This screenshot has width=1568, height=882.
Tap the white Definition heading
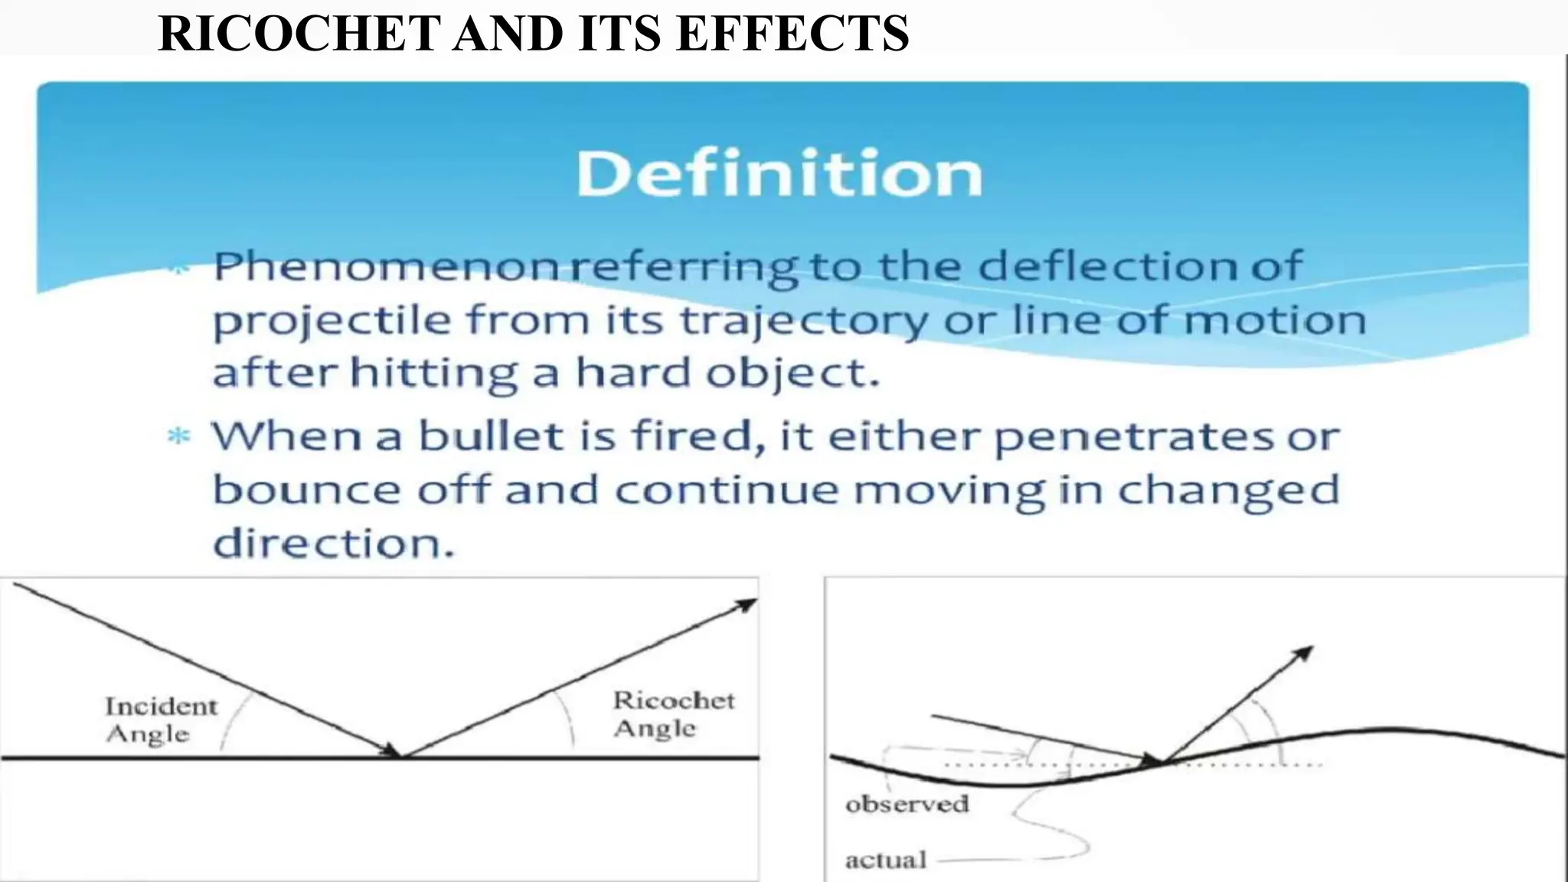779,174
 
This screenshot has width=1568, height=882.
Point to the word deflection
1108,266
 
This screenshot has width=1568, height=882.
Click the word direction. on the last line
333,544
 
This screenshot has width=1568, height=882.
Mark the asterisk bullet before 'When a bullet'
178,437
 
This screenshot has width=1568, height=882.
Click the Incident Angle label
160,720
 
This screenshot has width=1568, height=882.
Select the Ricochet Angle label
673,714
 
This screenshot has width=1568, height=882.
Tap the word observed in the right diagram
907,804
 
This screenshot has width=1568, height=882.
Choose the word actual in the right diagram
885,860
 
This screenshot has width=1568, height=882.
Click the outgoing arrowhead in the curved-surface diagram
1303,652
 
